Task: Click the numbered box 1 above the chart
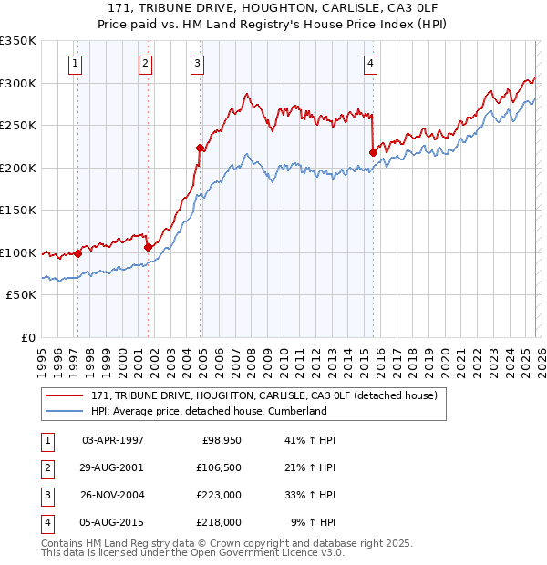75,63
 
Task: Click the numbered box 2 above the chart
145,63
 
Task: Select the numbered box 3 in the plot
197,63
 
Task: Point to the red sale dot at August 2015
373,152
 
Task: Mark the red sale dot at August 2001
148,246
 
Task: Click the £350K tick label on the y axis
18,41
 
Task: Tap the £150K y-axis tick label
18,211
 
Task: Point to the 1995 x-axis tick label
42,356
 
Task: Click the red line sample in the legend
66,395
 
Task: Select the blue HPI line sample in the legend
66,411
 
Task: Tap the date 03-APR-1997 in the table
112,441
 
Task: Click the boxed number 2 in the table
46,468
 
